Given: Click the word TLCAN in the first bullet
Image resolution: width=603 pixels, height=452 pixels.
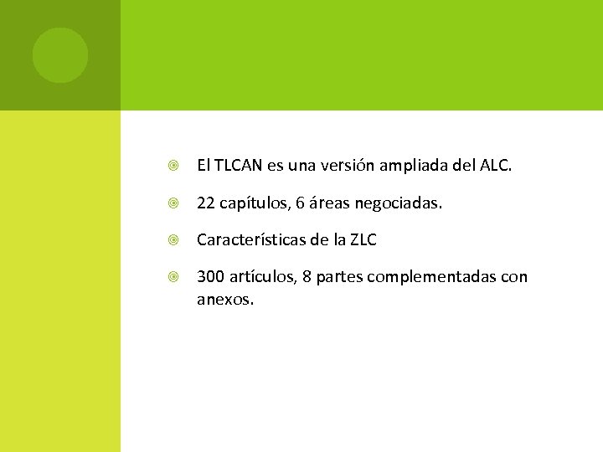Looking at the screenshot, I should (239, 166).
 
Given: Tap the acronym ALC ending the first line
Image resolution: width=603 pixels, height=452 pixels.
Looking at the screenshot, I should (495, 166).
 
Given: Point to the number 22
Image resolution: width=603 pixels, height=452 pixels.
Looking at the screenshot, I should (205, 203).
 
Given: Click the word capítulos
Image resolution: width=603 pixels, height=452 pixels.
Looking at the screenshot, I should (250, 203).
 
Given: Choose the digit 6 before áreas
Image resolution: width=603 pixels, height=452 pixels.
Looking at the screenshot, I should (301, 203).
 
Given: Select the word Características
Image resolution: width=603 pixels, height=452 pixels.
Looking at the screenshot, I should (255, 240).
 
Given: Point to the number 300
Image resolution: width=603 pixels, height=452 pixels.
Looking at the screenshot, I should (209, 277).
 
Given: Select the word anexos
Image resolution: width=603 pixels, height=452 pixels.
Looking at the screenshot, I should (224, 297).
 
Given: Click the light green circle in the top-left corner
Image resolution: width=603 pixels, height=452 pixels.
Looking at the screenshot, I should (59, 55).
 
